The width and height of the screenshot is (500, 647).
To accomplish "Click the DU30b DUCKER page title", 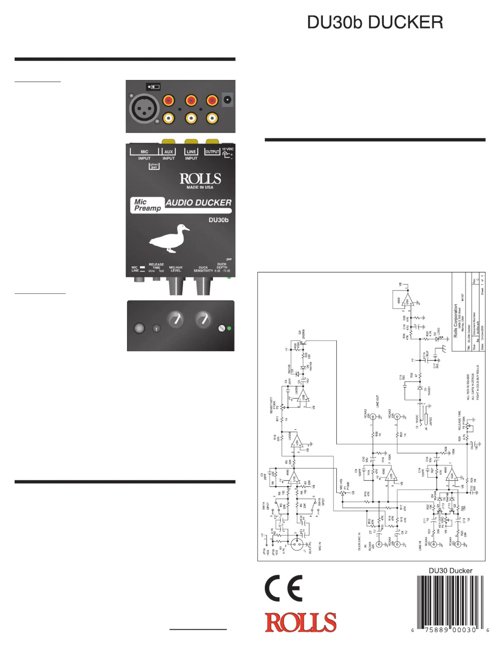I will (x=375, y=22).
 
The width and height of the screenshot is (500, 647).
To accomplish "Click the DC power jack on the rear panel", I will (x=227, y=100).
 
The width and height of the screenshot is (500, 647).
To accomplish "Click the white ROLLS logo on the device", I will (x=200, y=179).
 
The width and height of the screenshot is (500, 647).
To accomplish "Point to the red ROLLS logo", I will (x=301, y=622).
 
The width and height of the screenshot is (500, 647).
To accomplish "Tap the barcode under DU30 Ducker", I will (x=450, y=602).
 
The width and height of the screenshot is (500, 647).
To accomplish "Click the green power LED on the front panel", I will (x=229, y=328).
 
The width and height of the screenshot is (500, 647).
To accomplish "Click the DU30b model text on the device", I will (x=218, y=220).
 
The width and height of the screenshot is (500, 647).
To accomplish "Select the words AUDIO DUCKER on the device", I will (x=199, y=203).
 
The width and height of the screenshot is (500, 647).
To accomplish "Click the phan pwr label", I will (x=154, y=166).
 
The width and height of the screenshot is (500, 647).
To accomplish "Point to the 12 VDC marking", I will (x=228, y=149).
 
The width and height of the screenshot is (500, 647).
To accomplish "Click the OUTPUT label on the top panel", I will (x=212, y=152).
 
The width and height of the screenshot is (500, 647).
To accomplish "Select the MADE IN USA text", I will (x=200, y=187).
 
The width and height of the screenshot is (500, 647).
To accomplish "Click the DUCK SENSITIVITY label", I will (x=203, y=269).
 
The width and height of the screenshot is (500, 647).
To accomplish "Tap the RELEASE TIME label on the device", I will (x=156, y=266).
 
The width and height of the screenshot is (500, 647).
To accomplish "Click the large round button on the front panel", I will (x=139, y=328).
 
